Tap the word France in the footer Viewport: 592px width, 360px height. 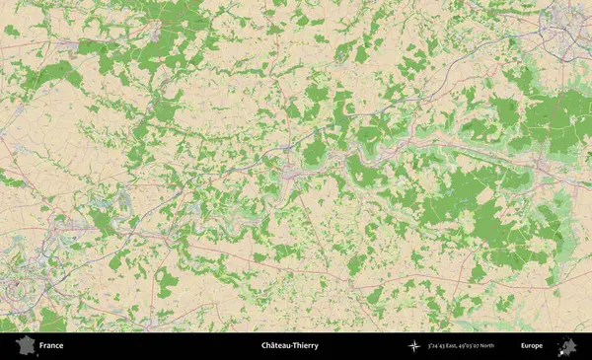click(x=51, y=346)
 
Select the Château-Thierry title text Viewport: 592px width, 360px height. click(x=289, y=346)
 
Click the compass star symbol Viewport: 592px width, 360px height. click(x=414, y=346)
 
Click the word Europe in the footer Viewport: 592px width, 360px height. click(x=532, y=346)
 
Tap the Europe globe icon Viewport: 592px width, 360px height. click(x=566, y=346)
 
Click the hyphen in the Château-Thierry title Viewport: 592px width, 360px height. click(x=293, y=346)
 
